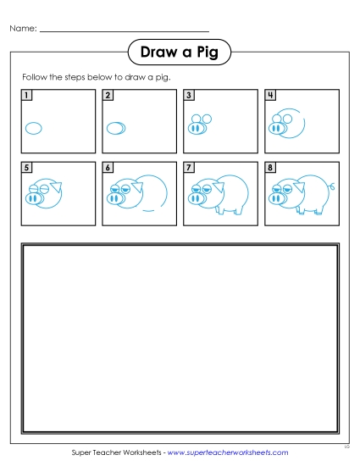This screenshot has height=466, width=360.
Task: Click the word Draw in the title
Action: (x=158, y=53)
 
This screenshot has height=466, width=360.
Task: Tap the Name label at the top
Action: (x=23, y=30)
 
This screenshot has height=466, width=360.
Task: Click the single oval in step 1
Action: (x=34, y=129)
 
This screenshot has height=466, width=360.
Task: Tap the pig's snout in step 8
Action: (x=276, y=198)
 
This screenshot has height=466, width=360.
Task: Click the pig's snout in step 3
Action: (x=196, y=129)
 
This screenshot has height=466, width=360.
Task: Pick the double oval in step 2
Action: (x=116, y=129)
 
